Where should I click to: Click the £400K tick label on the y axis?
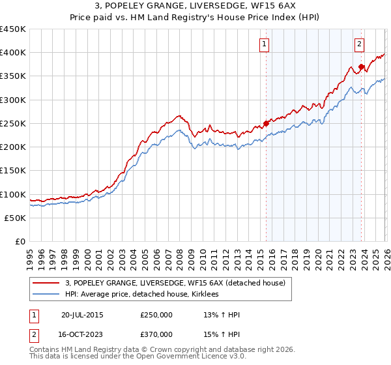12,53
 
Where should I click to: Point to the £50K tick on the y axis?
15,218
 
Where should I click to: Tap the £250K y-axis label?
12,123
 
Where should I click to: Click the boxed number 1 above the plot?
264,44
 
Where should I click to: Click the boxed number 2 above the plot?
359,44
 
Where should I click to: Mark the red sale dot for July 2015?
266,123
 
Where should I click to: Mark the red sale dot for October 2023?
361,66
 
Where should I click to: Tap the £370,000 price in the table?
156,333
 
